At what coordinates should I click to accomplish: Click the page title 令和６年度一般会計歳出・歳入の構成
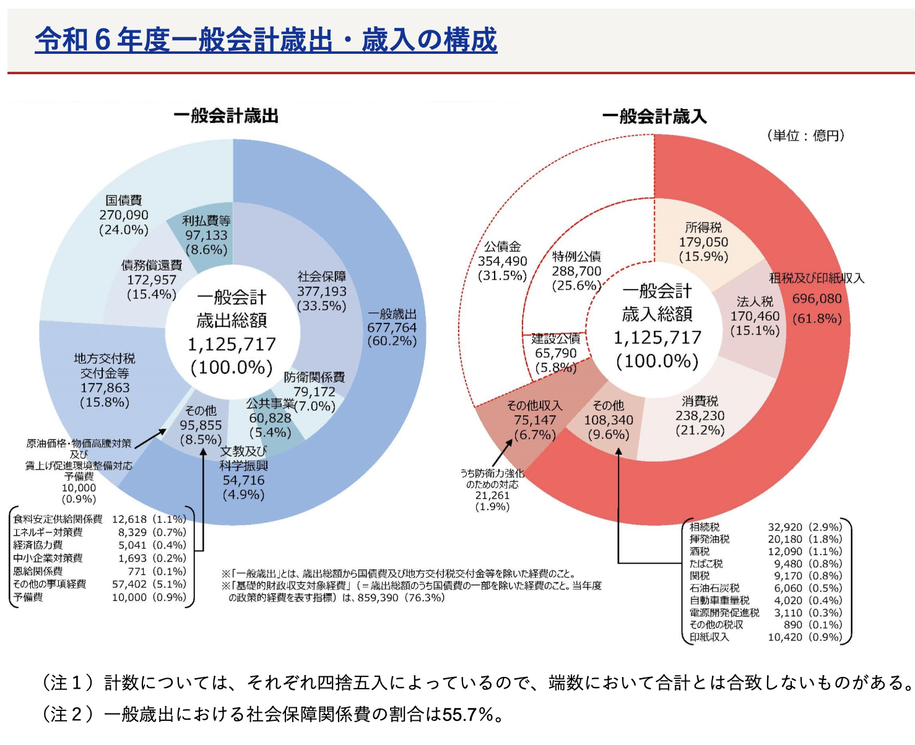click(x=266, y=40)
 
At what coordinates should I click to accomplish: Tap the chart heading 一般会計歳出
click(x=226, y=116)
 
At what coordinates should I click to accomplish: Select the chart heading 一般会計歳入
click(x=654, y=116)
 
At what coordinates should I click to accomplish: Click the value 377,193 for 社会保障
click(x=322, y=291)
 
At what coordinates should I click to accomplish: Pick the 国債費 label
click(x=124, y=200)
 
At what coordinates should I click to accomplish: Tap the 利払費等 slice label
click(x=206, y=221)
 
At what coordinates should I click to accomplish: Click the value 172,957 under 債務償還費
click(x=152, y=280)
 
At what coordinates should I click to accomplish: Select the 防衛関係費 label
click(x=314, y=377)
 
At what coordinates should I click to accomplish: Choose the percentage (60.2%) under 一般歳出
click(x=392, y=341)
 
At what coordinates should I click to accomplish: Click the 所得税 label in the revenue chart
click(x=703, y=227)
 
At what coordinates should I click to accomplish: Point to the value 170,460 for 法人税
click(x=755, y=316)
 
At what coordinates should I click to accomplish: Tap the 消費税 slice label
click(x=700, y=401)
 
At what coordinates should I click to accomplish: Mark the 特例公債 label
click(x=576, y=256)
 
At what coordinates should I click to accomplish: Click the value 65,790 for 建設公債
click(x=556, y=353)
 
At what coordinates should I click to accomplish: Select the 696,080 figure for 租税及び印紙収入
click(x=817, y=299)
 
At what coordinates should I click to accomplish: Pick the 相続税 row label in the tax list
click(x=705, y=527)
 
